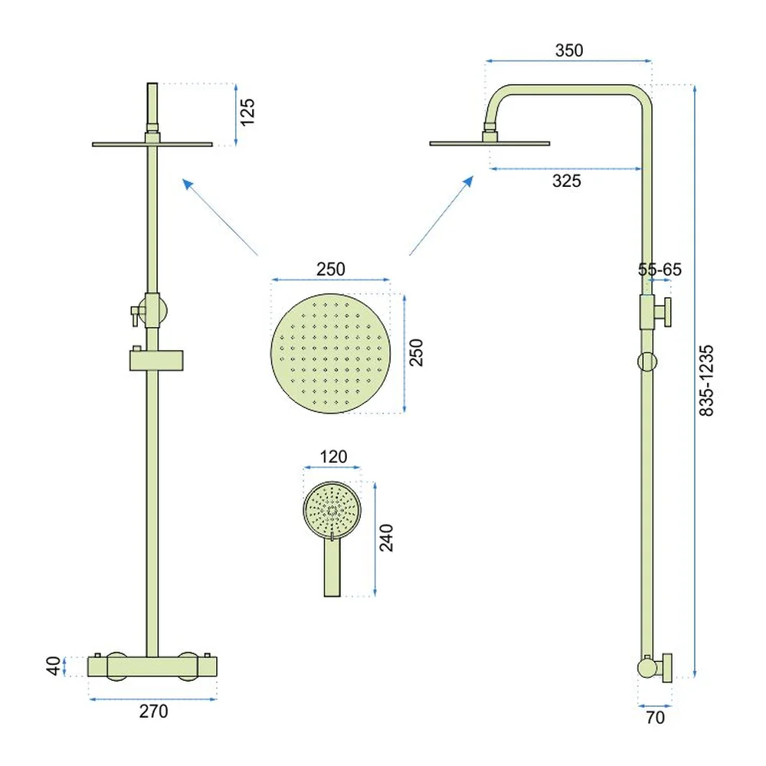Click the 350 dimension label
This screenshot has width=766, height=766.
point(568,51)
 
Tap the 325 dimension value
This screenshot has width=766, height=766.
point(567,181)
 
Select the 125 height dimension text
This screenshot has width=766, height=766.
point(247,112)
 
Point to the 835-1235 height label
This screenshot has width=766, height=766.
point(706,381)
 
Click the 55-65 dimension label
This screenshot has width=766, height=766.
point(660,269)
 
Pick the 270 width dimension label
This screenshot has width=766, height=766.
point(153,712)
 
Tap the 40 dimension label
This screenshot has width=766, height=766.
point(54,666)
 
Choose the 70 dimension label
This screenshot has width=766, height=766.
point(655,717)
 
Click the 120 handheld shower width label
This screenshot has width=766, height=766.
point(333,457)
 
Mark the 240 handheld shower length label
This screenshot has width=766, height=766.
point(386,538)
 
